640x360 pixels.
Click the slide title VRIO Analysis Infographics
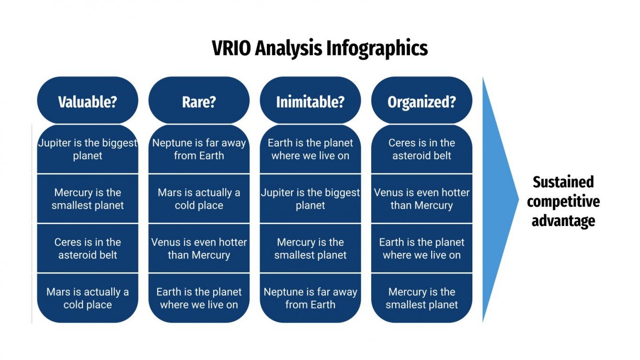(320, 48)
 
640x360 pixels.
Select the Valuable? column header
(88, 102)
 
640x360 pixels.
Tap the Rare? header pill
(199, 102)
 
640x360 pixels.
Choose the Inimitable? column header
(310, 102)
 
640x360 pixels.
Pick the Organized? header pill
(422, 102)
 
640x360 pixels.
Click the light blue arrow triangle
(498, 199)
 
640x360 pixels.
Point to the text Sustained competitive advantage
(563, 201)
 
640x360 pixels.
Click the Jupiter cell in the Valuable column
(88, 149)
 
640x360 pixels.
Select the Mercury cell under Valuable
(88, 199)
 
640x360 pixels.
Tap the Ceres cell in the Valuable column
(88, 248)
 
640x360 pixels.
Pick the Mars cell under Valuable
(88, 298)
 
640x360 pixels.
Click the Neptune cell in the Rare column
(199, 149)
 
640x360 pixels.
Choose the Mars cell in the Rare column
(199, 199)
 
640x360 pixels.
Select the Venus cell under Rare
(199, 248)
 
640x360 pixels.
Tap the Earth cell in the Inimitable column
(310, 149)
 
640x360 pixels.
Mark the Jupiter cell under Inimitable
(310, 199)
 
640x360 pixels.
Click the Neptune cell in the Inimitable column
(310, 298)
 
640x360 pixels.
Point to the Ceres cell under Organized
(422, 149)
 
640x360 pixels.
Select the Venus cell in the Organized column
(422, 199)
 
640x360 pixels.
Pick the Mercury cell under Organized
(422, 298)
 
